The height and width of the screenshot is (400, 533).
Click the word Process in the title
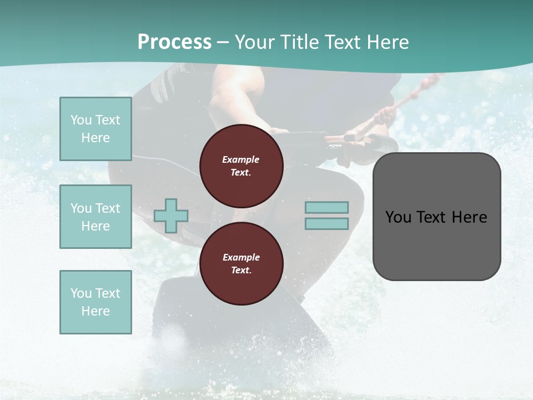click(174, 42)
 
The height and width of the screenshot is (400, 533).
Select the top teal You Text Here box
click(95, 129)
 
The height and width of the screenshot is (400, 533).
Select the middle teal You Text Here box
click(95, 217)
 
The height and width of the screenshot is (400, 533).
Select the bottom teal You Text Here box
click(95, 302)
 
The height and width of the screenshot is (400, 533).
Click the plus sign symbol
click(171, 216)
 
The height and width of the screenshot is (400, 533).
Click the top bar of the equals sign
click(326, 208)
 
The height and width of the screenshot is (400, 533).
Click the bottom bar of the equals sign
click(326, 224)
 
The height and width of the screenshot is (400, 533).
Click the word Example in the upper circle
click(241, 159)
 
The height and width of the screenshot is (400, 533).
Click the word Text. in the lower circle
click(241, 270)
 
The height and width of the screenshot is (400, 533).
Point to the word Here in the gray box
click(470, 217)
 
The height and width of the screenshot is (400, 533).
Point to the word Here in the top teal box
click(95, 138)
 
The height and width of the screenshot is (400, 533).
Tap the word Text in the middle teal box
click(108, 208)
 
